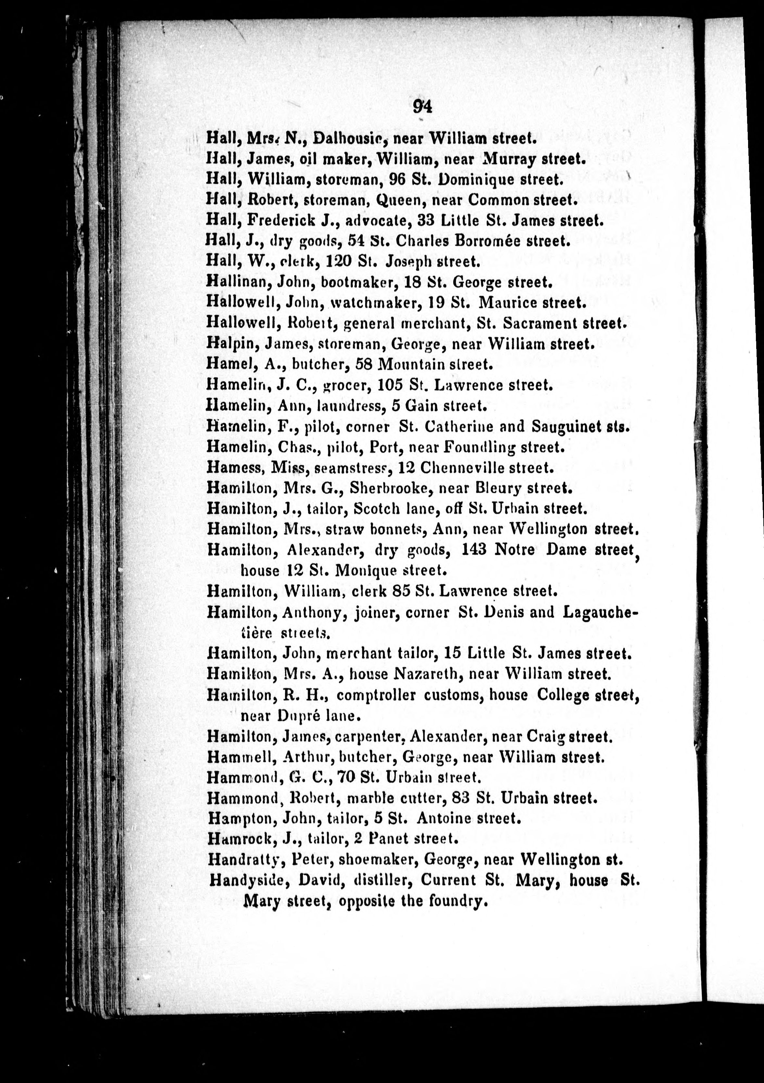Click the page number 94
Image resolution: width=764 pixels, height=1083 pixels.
pyautogui.click(x=422, y=106)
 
